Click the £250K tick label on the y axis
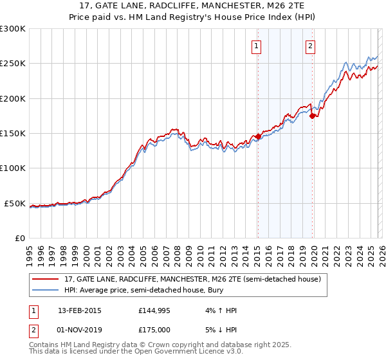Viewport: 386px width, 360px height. tap(13, 64)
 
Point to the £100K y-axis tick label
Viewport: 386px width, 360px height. tap(13, 168)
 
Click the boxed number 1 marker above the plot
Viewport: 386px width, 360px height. tap(257, 46)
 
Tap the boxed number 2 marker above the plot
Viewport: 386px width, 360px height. tap(311, 46)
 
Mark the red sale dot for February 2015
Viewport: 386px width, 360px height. tap(258, 136)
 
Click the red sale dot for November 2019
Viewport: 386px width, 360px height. tap(312, 116)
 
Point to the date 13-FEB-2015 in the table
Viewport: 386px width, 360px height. tap(79, 310)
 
